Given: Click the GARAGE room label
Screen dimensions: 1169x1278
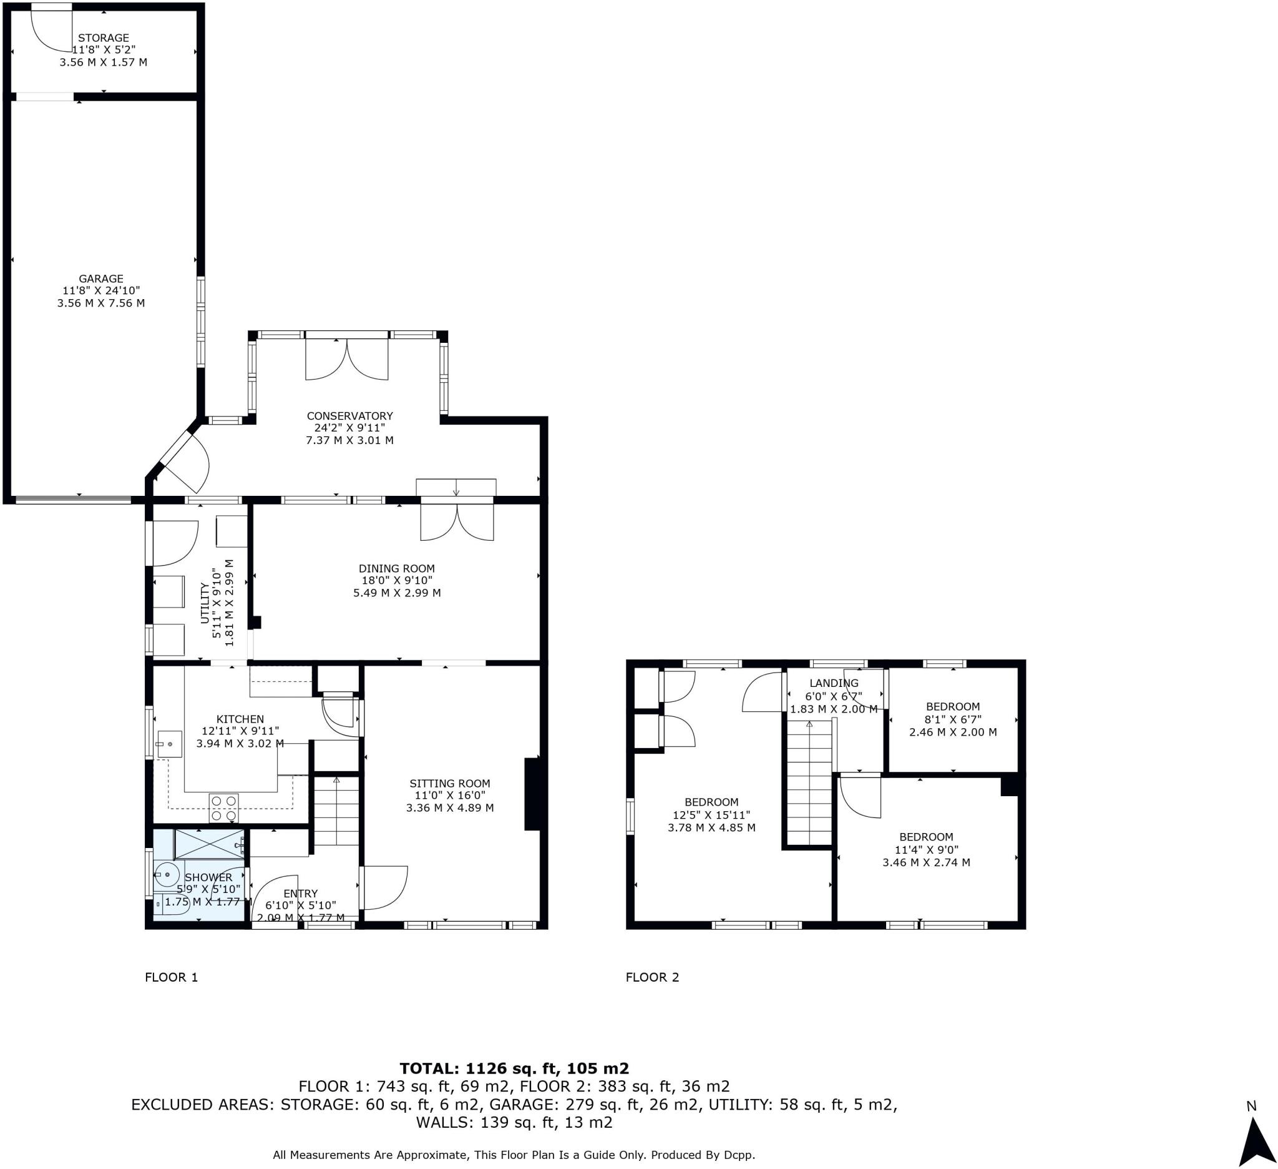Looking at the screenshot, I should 101,279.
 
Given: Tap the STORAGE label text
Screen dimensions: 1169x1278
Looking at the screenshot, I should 104,38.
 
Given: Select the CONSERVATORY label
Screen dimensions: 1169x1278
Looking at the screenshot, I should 349,415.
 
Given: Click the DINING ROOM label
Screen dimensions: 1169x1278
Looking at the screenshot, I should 396,568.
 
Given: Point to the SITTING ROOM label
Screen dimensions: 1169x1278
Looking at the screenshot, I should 449,783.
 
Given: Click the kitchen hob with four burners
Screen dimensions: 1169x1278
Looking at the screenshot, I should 224,807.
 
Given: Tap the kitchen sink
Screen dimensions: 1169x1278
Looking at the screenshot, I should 169,743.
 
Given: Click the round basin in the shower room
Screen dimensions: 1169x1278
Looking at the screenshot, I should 167,875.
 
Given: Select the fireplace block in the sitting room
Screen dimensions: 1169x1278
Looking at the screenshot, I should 531,794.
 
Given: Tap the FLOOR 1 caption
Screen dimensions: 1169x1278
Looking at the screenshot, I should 171,977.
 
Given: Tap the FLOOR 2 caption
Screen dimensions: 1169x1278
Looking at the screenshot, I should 651,977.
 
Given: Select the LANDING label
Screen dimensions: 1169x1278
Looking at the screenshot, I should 834,683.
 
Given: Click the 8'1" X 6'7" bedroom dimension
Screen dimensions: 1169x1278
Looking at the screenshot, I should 953,719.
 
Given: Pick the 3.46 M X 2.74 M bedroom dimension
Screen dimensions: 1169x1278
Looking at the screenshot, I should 925,862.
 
